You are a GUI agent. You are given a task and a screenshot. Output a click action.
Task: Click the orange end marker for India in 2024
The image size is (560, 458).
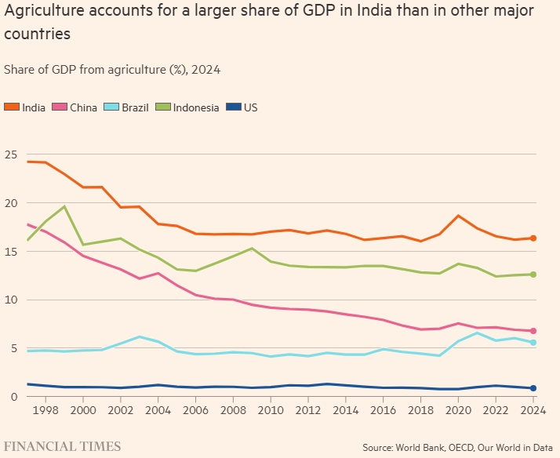click(533, 238)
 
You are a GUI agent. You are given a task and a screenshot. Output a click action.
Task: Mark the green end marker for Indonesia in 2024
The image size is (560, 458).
click(533, 274)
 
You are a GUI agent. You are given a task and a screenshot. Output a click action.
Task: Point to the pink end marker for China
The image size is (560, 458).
click(533, 331)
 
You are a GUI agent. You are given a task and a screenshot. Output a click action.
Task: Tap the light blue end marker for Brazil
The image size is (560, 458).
click(533, 343)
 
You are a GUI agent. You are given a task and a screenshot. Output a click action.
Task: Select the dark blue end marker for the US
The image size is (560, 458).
click(533, 388)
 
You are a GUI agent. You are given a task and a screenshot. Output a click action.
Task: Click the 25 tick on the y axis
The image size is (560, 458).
click(10, 154)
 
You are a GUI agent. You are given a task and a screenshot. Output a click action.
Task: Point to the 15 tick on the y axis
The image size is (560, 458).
click(10, 252)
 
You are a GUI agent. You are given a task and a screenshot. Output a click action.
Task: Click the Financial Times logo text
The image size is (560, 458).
click(63, 446)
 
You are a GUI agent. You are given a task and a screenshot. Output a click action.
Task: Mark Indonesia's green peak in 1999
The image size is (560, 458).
click(64, 206)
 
